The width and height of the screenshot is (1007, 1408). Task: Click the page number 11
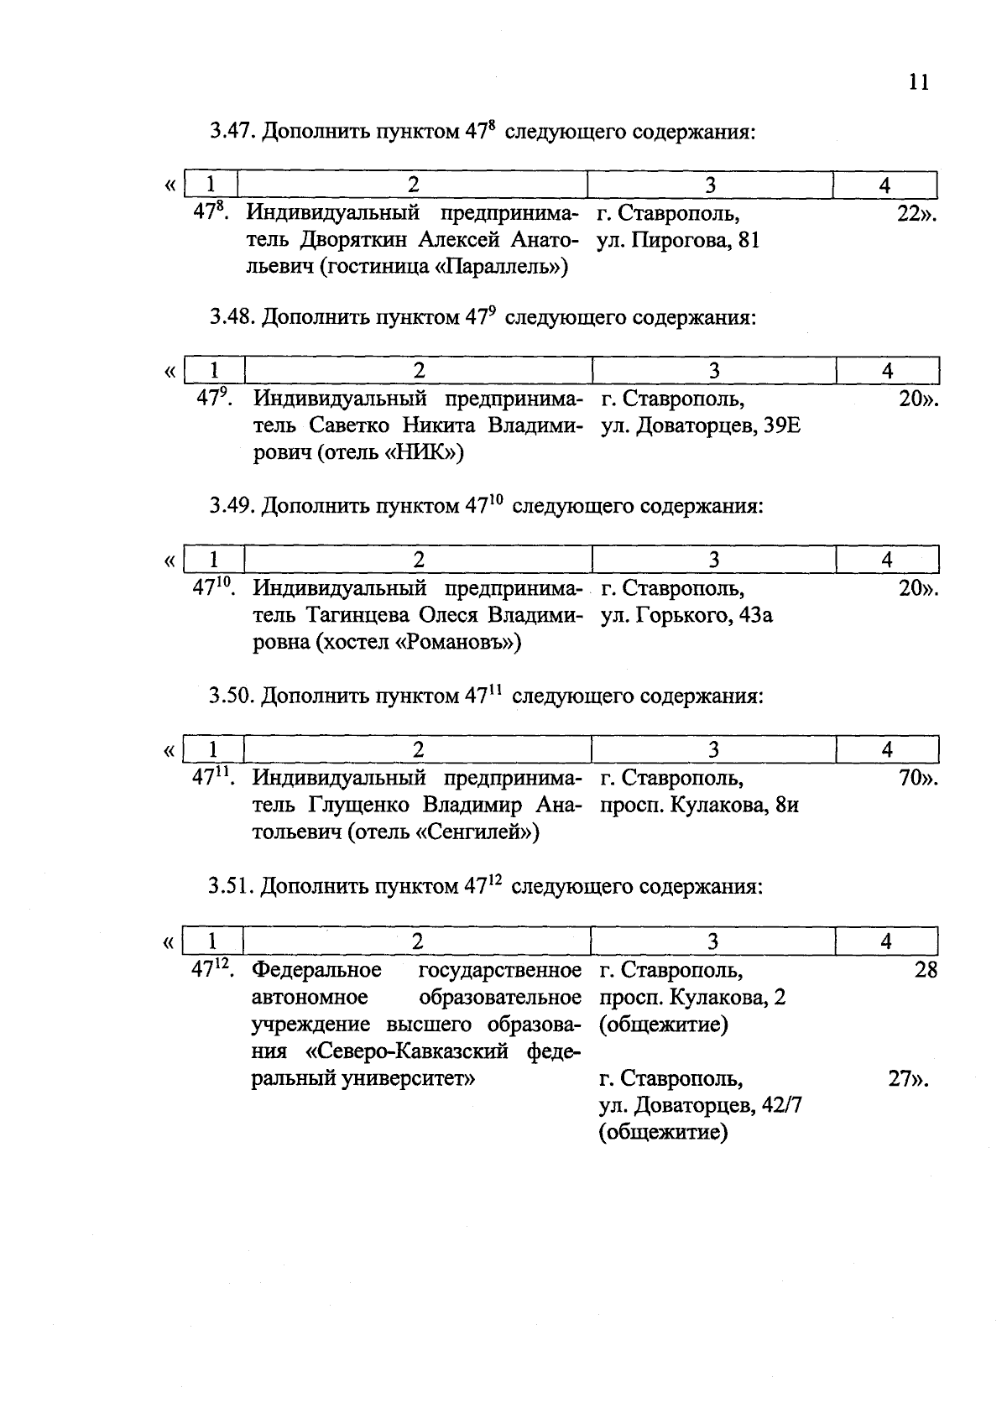coord(919,83)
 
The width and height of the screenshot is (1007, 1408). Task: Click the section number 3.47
coord(232,132)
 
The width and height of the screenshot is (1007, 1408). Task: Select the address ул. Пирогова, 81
coord(678,241)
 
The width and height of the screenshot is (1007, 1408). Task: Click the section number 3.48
coord(232,318)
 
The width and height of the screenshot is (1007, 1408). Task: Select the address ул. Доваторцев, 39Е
coord(700,426)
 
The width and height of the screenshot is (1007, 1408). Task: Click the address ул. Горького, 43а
coord(686,616)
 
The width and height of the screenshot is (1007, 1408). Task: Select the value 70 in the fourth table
coord(910,779)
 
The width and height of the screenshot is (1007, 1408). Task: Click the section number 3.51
coord(232,886)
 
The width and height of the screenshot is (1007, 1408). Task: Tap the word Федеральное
coord(317,971)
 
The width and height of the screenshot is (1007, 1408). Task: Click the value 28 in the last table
coord(925,971)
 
